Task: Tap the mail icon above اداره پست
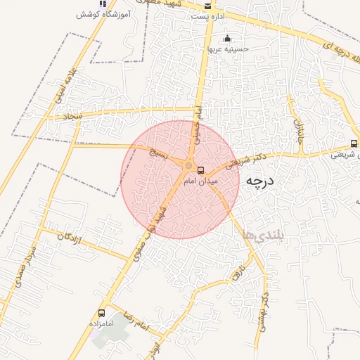tap(207, 5)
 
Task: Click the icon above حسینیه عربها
tap(226, 39)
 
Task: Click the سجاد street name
tap(72, 115)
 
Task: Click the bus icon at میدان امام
tap(201, 170)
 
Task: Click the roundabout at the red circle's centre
tap(188, 166)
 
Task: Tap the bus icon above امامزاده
tap(102, 312)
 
